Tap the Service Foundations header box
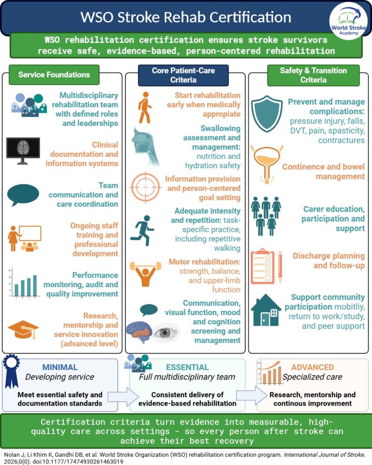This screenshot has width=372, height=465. click(54, 75)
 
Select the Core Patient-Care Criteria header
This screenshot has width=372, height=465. click(183, 75)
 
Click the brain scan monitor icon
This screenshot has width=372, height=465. click(23, 151)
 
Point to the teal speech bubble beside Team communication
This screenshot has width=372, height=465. click(23, 195)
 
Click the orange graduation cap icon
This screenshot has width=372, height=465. click(23, 329)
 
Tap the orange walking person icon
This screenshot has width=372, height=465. click(145, 107)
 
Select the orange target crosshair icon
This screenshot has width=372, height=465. click(146, 187)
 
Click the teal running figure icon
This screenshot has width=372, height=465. click(142, 230)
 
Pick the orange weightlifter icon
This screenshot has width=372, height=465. click(146, 274)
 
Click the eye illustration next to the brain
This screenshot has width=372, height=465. click(165, 332)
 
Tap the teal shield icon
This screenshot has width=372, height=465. click(266, 113)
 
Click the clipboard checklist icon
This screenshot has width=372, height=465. click(266, 267)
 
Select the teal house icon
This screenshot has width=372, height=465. click(266, 310)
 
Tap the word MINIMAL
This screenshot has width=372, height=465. click(60, 367)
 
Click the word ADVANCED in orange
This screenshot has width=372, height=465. click(312, 367)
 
